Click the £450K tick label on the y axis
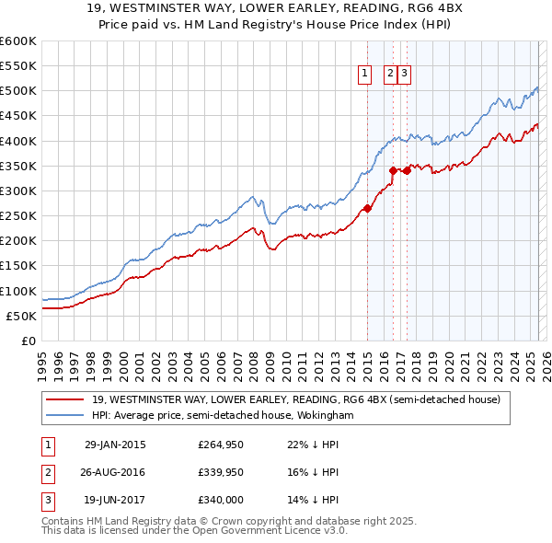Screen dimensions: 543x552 click(x=17, y=116)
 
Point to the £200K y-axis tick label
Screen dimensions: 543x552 click(x=17, y=240)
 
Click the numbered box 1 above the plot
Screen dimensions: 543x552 click(x=365, y=75)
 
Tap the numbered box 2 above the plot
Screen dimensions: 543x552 click(x=390, y=75)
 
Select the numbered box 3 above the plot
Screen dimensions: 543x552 click(x=404, y=75)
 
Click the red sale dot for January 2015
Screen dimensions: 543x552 click(x=367, y=208)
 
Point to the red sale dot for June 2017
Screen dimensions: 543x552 click(x=406, y=170)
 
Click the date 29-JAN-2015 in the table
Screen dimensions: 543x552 click(x=115, y=445)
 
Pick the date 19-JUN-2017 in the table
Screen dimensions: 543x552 click(x=115, y=502)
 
